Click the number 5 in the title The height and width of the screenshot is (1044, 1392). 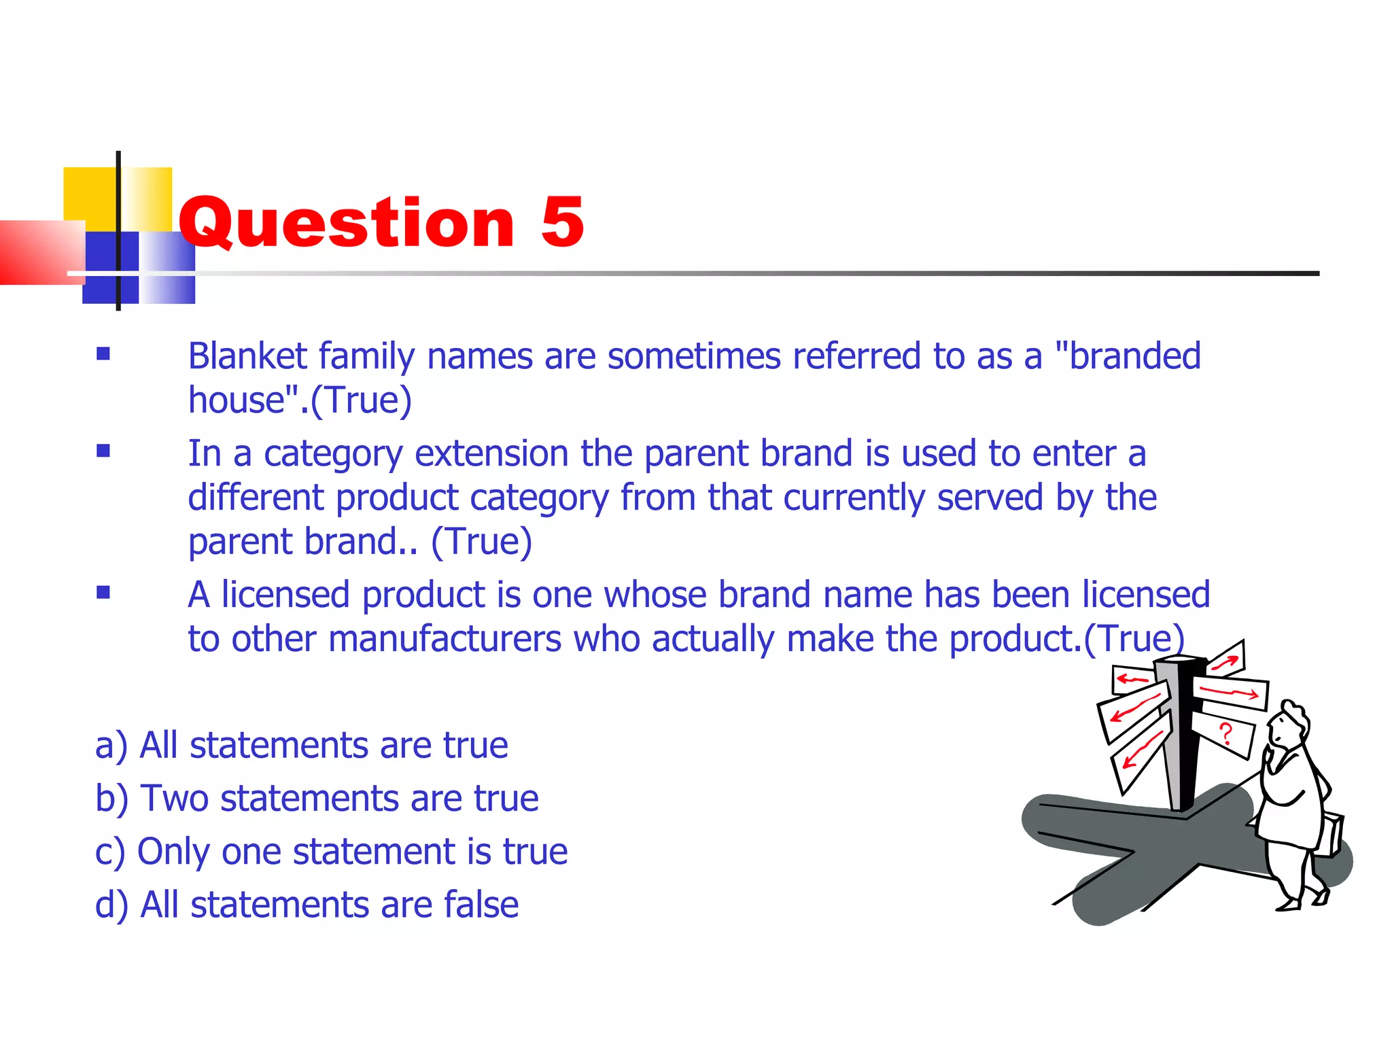[562, 222]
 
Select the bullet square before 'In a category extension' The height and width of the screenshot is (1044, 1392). [103, 451]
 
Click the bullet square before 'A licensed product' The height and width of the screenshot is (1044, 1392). [103, 592]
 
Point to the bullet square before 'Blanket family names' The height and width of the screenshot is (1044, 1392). [103, 353]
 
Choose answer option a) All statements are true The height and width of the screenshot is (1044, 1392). [301, 745]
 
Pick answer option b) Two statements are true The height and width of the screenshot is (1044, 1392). [317, 798]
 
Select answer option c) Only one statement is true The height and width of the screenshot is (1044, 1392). [331, 851]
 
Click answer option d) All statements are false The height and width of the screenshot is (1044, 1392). [307, 905]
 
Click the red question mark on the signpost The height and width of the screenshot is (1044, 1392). [1225, 734]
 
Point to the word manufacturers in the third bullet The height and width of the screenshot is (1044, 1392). [445, 639]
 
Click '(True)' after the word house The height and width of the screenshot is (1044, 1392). [361, 400]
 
